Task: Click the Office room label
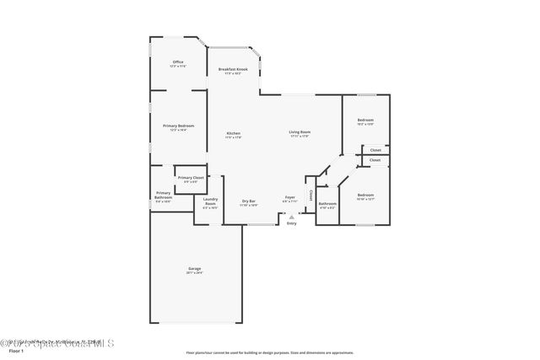point(178,62)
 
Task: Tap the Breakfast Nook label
point(232,69)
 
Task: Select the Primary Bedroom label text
point(178,126)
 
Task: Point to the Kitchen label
point(234,134)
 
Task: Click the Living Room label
point(300,132)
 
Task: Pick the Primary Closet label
point(191,178)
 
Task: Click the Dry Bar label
point(249,201)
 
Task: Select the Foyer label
point(289,197)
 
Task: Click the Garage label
point(194,269)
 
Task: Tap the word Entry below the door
point(292,223)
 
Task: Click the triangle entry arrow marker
point(292,216)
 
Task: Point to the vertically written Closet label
point(310,196)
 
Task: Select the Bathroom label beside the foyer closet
point(327,203)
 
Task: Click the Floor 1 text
point(16,351)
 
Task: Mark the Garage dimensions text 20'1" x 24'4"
point(194,273)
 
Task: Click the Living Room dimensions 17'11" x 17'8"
point(300,136)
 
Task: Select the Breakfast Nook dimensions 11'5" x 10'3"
point(232,73)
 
